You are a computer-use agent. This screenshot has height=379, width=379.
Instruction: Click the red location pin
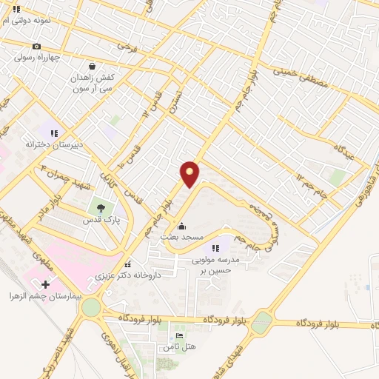190,173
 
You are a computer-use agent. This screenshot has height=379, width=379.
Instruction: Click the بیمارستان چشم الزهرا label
45,296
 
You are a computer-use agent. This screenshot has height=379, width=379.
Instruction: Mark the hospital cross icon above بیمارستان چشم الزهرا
45,284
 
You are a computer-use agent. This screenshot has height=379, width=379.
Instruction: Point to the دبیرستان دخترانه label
53,145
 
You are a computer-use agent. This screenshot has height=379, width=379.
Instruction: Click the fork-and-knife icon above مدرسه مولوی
215,249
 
